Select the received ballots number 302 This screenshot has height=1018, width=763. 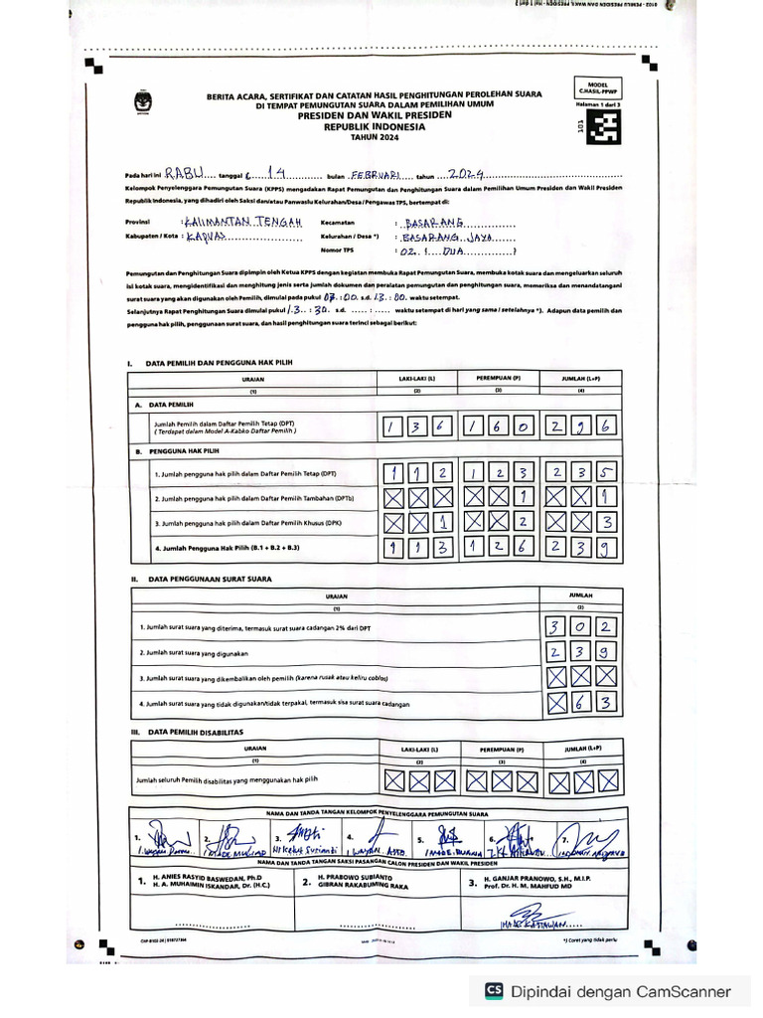[582, 627]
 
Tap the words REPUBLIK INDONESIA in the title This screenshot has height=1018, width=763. [374, 128]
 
